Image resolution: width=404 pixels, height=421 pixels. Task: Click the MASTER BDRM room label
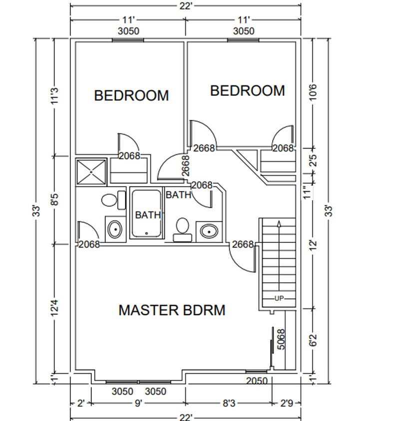click(171, 310)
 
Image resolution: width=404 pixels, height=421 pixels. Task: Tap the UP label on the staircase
click(279, 298)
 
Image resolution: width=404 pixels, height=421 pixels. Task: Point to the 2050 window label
click(258, 381)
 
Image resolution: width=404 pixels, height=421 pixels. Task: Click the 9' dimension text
click(138, 403)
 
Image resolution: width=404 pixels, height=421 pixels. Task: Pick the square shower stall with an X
click(91, 172)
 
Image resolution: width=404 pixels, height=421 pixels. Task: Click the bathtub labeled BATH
click(146, 213)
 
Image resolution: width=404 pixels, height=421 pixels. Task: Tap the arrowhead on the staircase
click(279, 224)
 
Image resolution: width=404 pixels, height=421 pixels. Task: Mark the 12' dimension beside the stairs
click(314, 245)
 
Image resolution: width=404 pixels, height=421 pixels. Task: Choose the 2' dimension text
click(80, 403)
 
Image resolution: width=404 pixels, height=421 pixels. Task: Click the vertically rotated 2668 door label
click(185, 165)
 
